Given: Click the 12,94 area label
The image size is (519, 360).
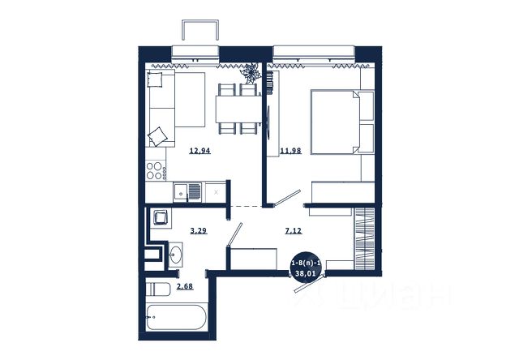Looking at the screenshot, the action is [x=200, y=151].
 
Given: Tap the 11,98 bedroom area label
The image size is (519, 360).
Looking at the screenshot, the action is [x=290, y=151].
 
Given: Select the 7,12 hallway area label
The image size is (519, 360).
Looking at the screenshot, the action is [x=294, y=230].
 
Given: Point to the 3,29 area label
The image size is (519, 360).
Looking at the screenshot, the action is [x=199, y=230].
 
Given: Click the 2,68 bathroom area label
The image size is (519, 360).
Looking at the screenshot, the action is [x=185, y=286].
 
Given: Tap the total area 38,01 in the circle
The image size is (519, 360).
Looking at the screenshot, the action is [x=306, y=273].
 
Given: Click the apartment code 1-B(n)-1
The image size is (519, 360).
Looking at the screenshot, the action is [x=306, y=264].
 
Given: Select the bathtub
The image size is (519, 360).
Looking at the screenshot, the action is [x=177, y=317].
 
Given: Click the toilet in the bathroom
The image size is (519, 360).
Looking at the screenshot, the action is [x=158, y=289].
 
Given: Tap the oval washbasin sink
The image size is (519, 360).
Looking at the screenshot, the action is [x=175, y=255].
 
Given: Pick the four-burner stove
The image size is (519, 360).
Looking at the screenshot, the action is [x=156, y=170].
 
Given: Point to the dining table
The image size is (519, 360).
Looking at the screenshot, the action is [x=238, y=109].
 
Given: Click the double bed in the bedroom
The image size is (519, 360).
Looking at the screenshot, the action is [x=342, y=122].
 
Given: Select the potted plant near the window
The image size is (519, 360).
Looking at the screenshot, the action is [x=251, y=74].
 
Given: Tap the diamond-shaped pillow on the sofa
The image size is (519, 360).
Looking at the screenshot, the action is [x=157, y=136].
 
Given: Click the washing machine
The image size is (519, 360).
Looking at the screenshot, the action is [x=161, y=217].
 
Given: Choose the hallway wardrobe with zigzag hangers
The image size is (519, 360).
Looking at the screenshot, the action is [x=364, y=238].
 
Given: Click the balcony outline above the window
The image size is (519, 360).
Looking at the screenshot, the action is [x=200, y=30].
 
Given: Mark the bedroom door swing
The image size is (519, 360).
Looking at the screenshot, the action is [x=286, y=198].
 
